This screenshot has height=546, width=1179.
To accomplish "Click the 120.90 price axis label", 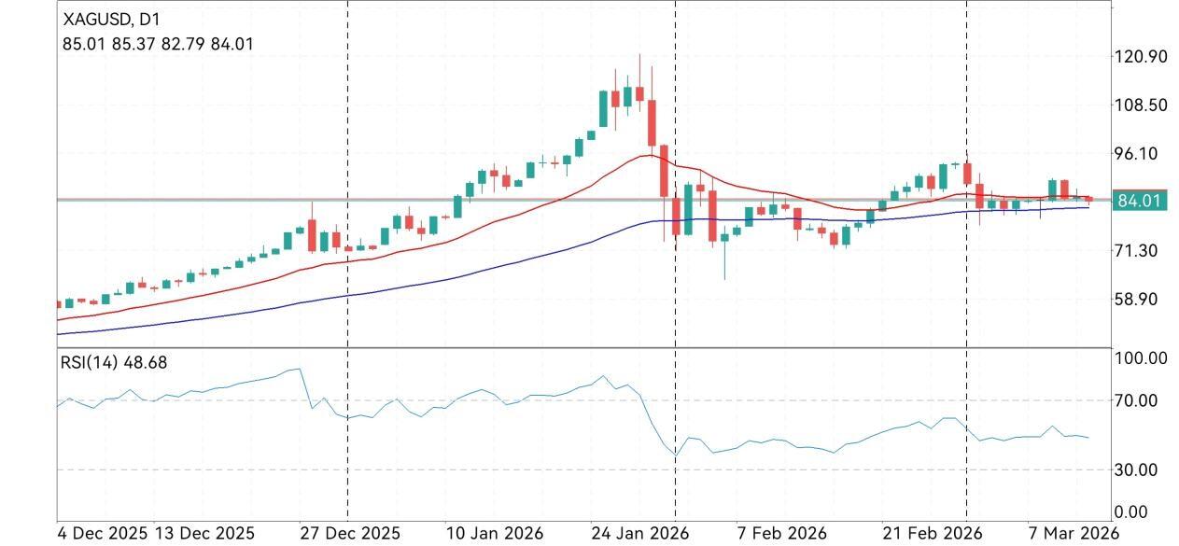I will pos(1141,57).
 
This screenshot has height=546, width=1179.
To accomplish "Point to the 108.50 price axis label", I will pos(1141,105).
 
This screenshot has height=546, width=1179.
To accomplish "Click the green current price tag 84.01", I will pos(1139,201).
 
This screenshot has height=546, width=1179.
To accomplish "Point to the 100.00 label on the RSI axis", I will pos(1141,358).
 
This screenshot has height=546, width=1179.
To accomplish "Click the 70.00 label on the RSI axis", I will pos(1136,401).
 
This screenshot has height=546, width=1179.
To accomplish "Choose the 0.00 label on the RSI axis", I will pos(1132,512).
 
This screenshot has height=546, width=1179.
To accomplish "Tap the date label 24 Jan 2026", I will pos(639,534).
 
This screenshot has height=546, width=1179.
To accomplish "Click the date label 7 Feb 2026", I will pos(782,534).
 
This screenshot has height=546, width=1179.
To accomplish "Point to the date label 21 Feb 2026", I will pos(932,534).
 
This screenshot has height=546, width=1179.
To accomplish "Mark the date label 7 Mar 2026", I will pos(1068,534).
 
